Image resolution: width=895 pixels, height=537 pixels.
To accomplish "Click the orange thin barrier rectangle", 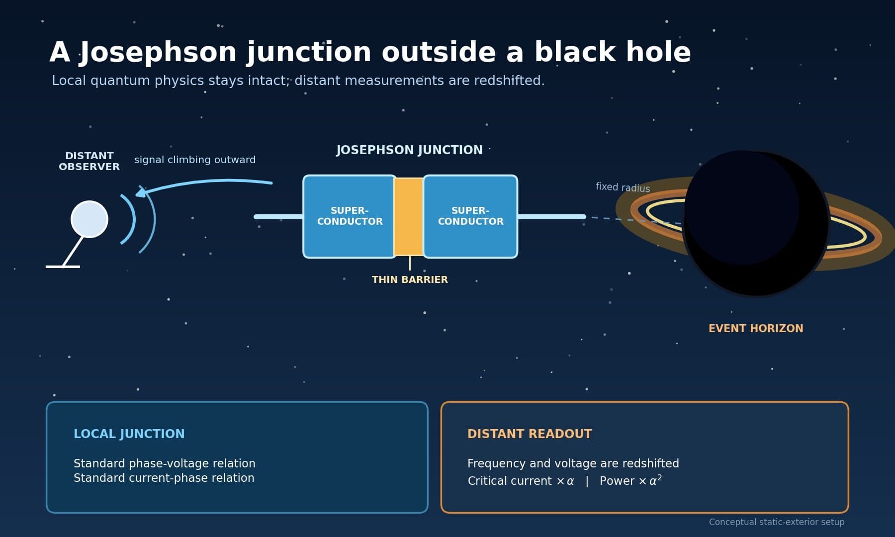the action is [409, 217].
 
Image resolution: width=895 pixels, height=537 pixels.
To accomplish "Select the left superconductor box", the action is [350, 216].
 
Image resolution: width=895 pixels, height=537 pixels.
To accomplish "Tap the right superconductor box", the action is [470, 216].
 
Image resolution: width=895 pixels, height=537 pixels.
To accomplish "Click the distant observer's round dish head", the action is [89, 219].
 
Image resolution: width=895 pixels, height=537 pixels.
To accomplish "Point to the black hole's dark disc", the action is [756, 223].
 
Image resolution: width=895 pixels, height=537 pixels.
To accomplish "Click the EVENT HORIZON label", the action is [756, 329].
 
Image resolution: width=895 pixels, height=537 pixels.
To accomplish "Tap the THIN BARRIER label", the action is [410, 279].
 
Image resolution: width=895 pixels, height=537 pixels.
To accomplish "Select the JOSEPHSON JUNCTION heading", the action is [409, 150].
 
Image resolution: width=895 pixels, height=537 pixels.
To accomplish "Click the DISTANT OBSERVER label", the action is [89, 161].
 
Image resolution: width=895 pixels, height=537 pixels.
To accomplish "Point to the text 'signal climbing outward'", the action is [195, 160].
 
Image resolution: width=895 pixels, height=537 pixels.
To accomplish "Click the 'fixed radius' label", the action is [623, 187].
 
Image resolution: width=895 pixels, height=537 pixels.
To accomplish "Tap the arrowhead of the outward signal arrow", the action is [141, 192].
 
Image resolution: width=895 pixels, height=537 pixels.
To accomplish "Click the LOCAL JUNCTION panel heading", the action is [129, 434].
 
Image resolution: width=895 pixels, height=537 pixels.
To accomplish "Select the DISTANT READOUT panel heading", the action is [530, 434].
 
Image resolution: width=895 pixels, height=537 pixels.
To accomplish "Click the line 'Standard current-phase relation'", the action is [164, 478].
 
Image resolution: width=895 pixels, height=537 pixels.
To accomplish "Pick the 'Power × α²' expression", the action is [630, 480].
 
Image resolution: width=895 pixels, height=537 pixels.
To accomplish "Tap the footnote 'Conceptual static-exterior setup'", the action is [777, 522].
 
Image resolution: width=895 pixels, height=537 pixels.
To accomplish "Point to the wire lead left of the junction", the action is [278, 217].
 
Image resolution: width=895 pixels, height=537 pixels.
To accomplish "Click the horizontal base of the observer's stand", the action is [63, 267].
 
